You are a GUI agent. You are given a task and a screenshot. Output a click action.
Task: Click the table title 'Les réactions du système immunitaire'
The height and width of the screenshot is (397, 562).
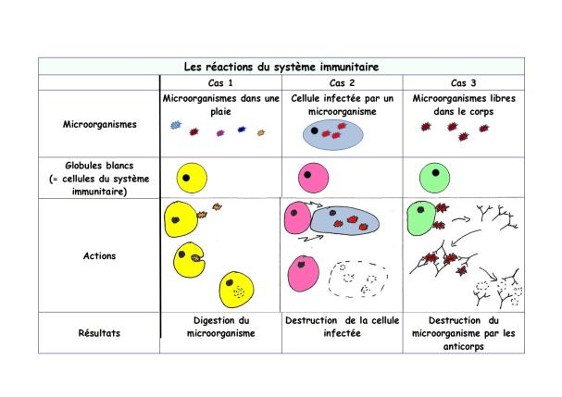coord(281,67)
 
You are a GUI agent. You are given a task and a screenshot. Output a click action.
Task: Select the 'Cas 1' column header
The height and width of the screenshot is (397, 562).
coord(220,83)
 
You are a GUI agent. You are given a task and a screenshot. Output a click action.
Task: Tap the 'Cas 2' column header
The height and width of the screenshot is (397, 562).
coord(342,83)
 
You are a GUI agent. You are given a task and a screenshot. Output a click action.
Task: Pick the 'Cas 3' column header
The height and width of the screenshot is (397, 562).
coord(464,83)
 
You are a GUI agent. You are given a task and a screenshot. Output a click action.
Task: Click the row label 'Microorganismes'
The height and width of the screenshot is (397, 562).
coord(100,124)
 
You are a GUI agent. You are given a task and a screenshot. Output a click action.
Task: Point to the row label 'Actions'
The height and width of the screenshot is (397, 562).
coord(100,255)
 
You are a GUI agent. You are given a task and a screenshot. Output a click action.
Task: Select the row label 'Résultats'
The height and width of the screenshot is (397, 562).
coord(99,333)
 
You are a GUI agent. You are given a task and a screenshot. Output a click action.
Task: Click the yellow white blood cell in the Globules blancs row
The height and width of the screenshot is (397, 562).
coord(192,178)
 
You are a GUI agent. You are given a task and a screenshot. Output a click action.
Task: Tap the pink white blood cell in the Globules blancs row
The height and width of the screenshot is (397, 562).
coord(313,178)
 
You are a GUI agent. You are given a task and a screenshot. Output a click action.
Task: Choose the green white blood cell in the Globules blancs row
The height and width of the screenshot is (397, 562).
coord(435,178)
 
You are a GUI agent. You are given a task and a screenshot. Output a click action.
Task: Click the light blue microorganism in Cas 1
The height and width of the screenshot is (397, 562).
coord(176,125)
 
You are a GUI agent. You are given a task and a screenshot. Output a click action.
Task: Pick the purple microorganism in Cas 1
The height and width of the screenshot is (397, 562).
coord(220,133)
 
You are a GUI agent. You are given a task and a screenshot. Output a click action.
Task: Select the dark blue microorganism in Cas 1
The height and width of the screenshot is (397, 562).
coord(242,130)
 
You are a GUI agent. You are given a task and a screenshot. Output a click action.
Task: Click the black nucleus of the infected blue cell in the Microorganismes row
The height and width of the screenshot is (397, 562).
coord(315,130)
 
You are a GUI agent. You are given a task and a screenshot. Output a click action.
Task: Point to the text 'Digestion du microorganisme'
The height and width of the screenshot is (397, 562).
coord(220,327)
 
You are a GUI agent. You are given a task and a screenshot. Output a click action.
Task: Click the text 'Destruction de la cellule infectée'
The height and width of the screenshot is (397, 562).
coord(342,327)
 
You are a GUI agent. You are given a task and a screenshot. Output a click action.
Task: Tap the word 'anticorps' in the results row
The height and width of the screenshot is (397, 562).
coord(464,346)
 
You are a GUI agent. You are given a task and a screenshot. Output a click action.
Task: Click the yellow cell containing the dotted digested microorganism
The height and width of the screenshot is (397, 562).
coord(236,290)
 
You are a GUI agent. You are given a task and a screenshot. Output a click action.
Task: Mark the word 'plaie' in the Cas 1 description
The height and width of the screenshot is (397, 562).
coord(220,111)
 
